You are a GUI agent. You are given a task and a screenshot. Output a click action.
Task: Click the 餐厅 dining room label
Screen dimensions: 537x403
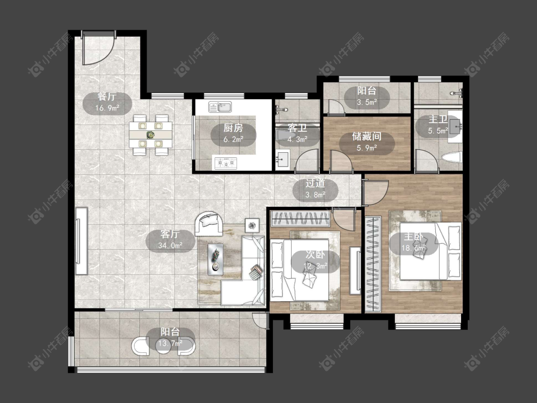pos(107,96)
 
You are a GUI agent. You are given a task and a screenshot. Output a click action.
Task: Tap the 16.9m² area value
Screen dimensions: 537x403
pos(107,108)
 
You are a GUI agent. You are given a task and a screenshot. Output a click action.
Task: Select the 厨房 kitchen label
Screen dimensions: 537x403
pos(233,128)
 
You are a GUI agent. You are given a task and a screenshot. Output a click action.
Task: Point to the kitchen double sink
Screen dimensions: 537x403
pos(220,107)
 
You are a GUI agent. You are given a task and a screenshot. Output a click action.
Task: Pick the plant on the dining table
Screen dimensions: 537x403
pos(150,135)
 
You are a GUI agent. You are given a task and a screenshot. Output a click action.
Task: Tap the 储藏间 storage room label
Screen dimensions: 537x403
pos(367,137)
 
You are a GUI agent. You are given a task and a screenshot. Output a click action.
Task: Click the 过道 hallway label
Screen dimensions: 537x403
pos(315,184)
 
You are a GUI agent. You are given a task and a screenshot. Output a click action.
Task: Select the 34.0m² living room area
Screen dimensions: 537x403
pos(170,245)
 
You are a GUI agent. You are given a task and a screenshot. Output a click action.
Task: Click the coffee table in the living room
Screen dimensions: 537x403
pos(216,259)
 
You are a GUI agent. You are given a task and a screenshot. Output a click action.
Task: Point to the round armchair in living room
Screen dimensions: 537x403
pos(209,224)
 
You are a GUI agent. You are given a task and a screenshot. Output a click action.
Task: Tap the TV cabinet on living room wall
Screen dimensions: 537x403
pos(82,241)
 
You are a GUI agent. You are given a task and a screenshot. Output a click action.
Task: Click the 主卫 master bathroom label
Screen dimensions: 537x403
pos(438,119)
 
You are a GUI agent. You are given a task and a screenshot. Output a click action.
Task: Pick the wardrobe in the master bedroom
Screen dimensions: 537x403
pos(373,264)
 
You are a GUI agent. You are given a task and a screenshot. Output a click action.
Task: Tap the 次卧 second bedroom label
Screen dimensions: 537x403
pos(315,255)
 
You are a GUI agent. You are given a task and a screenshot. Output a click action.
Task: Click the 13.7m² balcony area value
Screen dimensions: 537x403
pos(170,343)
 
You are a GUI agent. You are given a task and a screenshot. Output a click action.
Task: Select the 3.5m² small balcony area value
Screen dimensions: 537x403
pos(367,102)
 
